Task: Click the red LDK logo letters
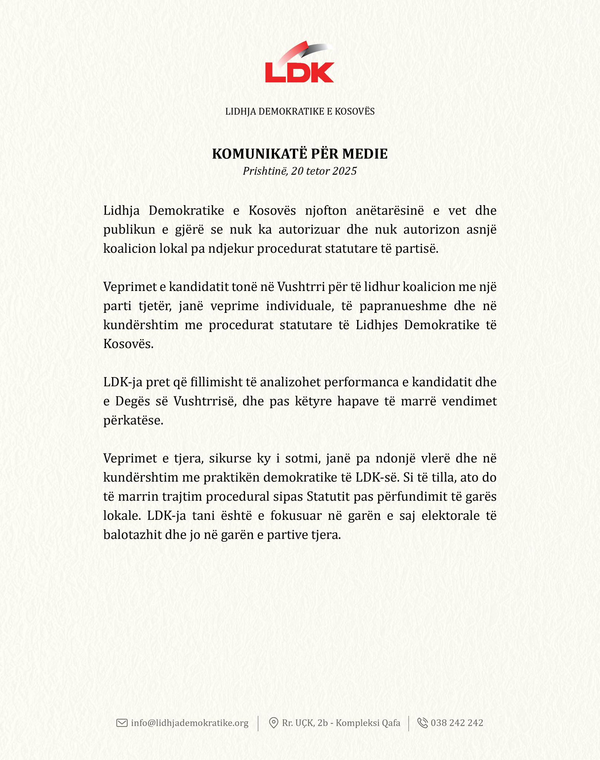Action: (x=299, y=72)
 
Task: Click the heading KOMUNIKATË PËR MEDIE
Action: (x=300, y=154)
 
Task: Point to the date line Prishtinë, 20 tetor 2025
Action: (x=300, y=171)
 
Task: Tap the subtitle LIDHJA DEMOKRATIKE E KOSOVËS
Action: (x=300, y=111)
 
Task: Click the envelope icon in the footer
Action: (x=122, y=723)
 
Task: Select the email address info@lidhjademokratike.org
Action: (x=190, y=723)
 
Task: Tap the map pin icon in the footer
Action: (x=273, y=723)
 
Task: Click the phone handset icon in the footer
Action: (x=423, y=723)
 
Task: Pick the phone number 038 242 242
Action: (x=457, y=723)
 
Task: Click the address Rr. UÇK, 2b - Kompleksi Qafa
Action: (x=341, y=723)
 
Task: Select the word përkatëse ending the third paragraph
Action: (x=133, y=420)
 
